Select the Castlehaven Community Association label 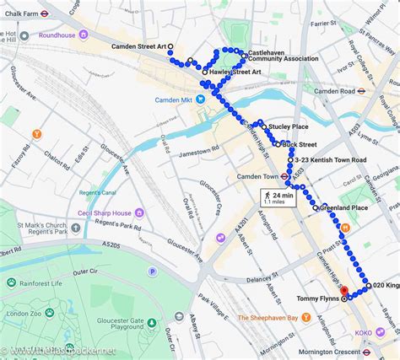[x=283, y=55]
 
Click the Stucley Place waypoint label [x=289, y=127]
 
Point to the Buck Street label [x=300, y=144]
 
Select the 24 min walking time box [x=278, y=198]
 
